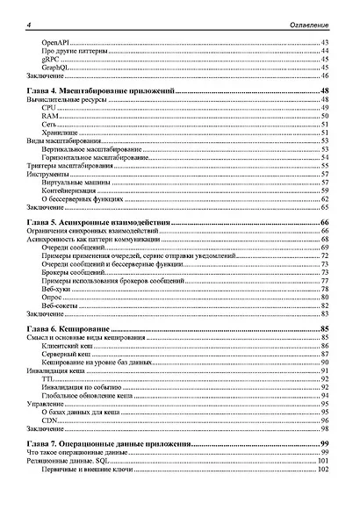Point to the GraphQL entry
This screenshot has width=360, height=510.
tap(56, 68)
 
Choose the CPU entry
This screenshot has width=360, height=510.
tap(48, 109)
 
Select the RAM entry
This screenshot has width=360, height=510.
tap(49, 117)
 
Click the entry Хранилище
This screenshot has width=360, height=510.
tap(60, 133)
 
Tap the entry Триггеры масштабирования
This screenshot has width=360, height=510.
tap(69, 166)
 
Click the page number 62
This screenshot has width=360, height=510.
tap(324, 198)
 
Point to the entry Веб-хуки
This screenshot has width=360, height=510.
tap(59, 289)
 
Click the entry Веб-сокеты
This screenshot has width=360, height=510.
tap(62, 305)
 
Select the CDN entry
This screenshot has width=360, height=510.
tap(49, 420)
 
